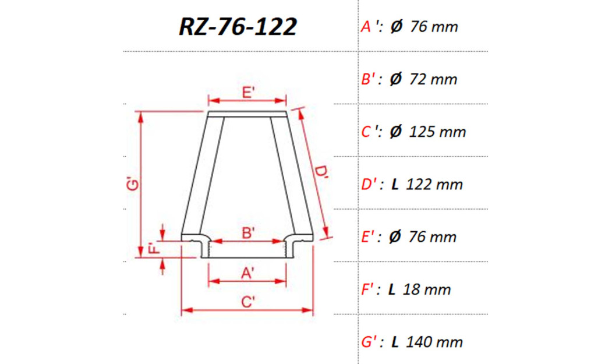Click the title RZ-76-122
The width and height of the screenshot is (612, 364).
(x=238, y=27)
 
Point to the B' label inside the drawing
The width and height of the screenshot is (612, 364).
(x=247, y=232)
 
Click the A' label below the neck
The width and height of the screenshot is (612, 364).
(x=247, y=272)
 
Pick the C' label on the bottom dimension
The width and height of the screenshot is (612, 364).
(x=247, y=302)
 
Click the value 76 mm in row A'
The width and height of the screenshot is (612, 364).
(x=434, y=27)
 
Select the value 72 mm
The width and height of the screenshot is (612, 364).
(x=434, y=79)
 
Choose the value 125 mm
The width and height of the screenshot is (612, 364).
(x=438, y=132)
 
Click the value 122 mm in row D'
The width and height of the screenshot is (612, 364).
(x=434, y=185)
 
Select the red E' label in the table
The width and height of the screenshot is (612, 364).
(x=369, y=237)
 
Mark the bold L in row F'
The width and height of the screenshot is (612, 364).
(x=391, y=289)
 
